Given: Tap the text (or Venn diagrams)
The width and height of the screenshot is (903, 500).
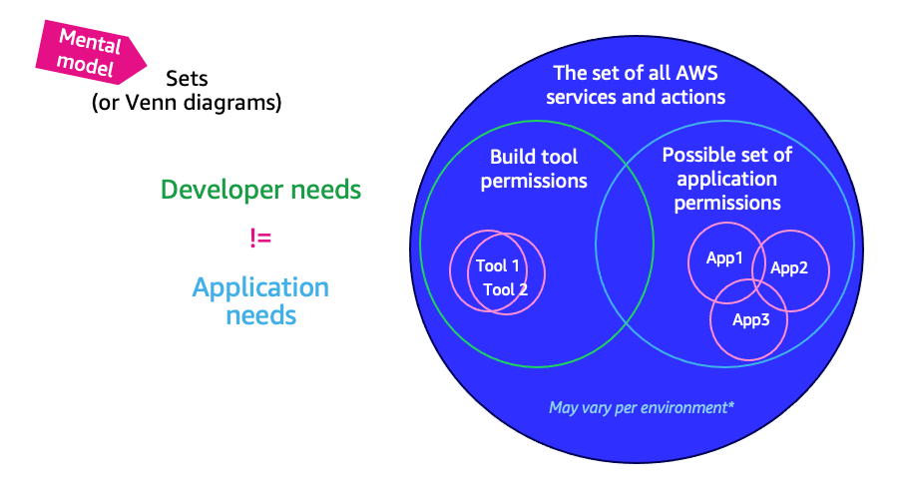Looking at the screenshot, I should [x=186, y=102].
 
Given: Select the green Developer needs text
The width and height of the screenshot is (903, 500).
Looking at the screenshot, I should [x=260, y=190].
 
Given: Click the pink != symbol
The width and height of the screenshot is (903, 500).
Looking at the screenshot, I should [x=260, y=238].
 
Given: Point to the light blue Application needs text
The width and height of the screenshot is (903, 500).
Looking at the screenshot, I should [x=260, y=300].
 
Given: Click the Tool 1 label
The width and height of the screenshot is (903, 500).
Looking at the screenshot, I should [x=497, y=265].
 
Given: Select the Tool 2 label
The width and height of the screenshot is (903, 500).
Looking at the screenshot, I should [x=506, y=289].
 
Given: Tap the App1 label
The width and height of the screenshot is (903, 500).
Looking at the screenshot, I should [x=724, y=258].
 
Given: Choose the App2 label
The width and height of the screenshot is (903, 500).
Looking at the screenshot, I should [x=789, y=267].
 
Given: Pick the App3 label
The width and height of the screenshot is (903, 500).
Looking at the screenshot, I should [x=750, y=319].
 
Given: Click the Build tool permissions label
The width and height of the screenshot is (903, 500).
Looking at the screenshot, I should [x=534, y=169].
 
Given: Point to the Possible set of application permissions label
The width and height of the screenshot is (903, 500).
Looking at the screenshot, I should [x=726, y=179].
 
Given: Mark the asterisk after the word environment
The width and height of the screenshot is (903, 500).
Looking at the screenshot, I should [x=731, y=405].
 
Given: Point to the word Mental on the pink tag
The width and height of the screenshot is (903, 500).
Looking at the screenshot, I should [x=90, y=42].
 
